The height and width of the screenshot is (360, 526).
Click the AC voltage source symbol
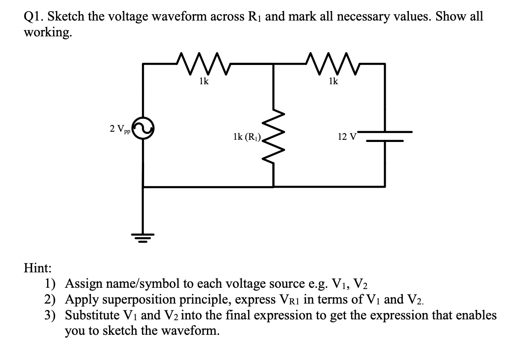[143, 128]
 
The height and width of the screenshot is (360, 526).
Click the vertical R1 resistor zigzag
[274, 138]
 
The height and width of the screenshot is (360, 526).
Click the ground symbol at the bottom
[143, 238]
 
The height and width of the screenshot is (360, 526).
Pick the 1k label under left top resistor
[204, 82]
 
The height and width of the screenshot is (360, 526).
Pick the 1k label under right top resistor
[333, 82]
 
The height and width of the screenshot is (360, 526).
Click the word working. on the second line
[47, 32]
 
